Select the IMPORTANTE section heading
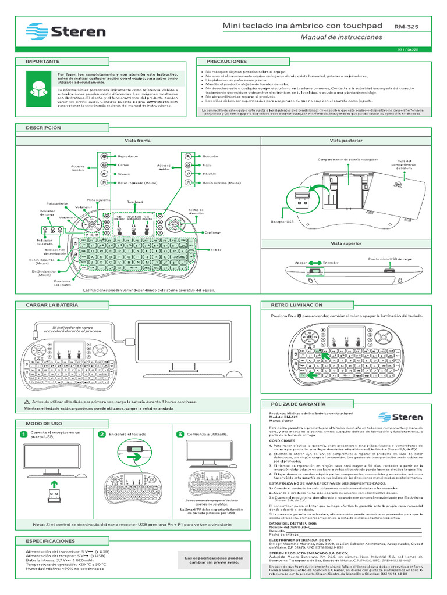coord(42,60)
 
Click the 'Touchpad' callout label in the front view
coord(135,202)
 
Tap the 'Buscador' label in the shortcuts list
coord(211,156)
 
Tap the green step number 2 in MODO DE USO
coord(101,434)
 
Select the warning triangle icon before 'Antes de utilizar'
coord(26,402)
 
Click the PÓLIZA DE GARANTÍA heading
coord(297,403)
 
